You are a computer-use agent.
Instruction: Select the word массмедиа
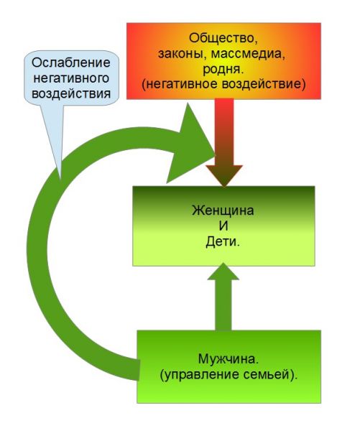tap(247, 54)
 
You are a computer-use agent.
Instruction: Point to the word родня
tap(223, 69)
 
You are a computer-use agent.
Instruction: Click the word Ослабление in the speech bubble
tap(71, 62)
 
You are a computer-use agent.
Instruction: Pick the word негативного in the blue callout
tap(71, 78)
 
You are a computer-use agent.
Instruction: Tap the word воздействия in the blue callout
tap(71, 93)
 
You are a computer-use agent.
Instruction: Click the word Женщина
tap(223, 210)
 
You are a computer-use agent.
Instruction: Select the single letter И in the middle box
tap(223, 226)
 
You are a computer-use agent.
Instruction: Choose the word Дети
tap(223, 241)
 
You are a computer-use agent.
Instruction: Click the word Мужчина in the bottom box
tap(228, 359)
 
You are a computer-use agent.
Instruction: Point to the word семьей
tap(271, 375)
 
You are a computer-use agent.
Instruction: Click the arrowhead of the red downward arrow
tap(224, 175)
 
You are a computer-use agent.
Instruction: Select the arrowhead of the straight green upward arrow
tap(223, 272)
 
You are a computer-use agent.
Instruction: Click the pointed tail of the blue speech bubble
tap(59, 180)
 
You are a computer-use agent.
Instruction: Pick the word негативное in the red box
tap(180, 84)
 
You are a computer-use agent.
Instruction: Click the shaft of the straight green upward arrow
tap(223, 305)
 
